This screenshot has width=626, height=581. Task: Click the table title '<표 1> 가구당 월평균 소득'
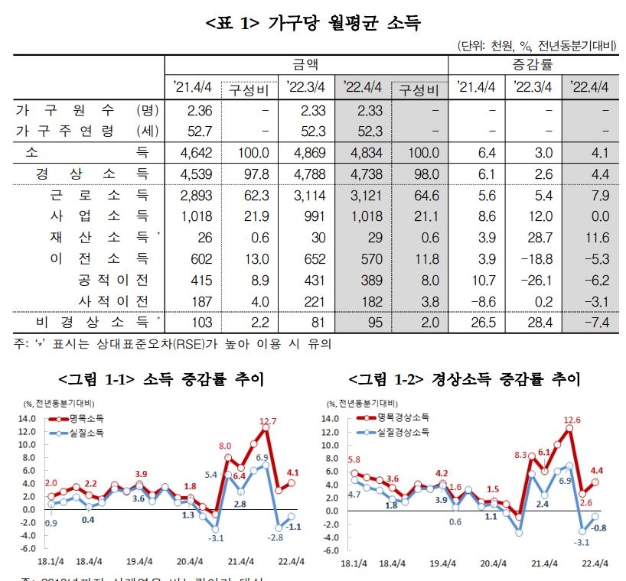click(x=313, y=23)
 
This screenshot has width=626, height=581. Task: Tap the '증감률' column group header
click(x=534, y=64)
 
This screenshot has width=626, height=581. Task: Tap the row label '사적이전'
click(x=112, y=300)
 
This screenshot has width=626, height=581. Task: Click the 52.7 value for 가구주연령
click(x=200, y=131)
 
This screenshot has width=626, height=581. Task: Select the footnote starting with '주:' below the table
click(x=172, y=344)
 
